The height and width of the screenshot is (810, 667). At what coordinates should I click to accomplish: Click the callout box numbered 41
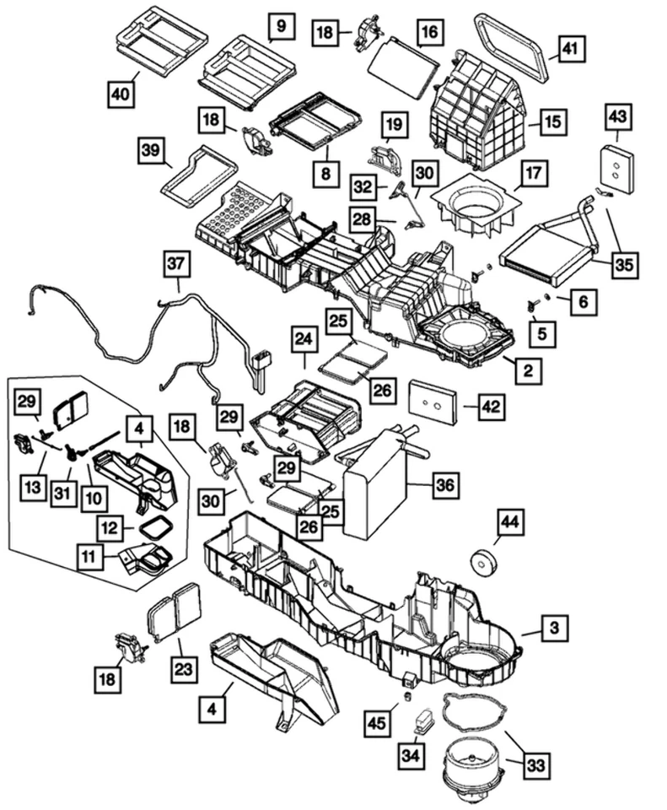(569, 50)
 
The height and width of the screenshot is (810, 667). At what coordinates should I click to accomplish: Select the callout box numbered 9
(282, 27)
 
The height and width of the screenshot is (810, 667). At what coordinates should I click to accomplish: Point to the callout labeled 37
(176, 265)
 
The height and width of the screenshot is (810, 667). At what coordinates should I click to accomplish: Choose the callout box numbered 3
(554, 628)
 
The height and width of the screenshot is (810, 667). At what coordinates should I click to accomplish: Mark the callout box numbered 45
(378, 721)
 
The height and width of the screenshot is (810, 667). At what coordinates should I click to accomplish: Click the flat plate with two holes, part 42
(433, 402)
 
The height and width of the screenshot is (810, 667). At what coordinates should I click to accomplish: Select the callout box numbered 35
(623, 265)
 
